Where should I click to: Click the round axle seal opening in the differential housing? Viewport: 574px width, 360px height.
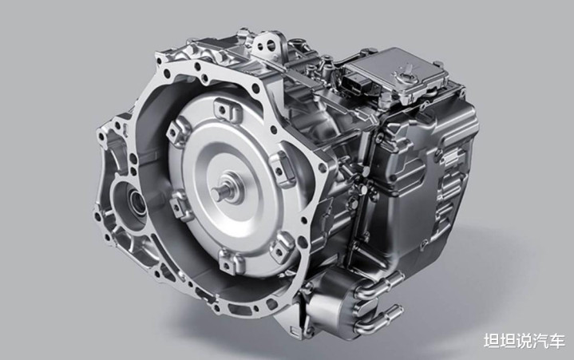point(135,202)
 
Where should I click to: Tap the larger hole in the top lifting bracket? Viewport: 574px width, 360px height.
point(271,45)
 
